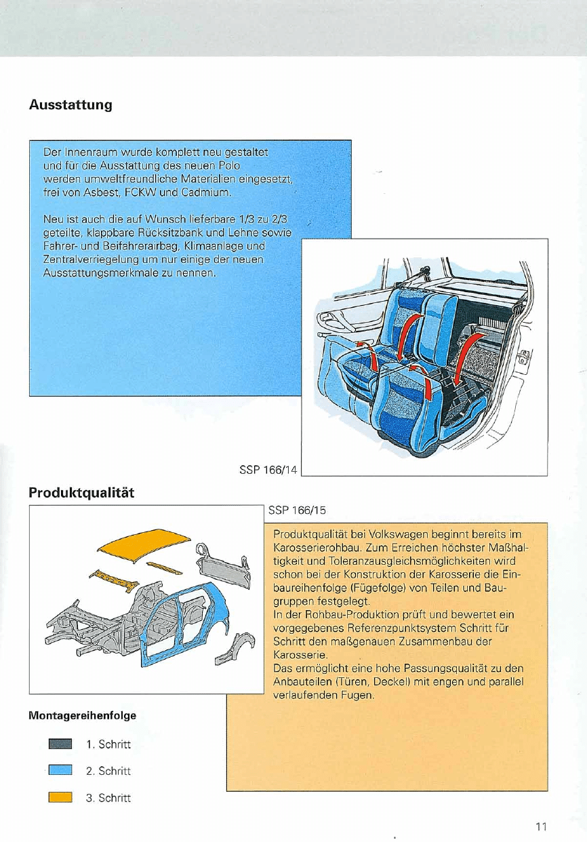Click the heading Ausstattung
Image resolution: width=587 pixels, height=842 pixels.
(x=70, y=106)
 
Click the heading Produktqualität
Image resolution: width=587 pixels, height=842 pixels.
(x=81, y=493)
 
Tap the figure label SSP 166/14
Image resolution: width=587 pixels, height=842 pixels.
(x=268, y=468)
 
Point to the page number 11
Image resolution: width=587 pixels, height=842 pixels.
(x=540, y=826)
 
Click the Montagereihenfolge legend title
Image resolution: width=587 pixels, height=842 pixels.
(x=82, y=716)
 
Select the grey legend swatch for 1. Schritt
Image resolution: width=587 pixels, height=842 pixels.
(x=60, y=745)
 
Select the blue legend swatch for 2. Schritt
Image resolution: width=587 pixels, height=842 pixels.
(x=60, y=771)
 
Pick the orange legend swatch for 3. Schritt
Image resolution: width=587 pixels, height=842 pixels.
(x=60, y=797)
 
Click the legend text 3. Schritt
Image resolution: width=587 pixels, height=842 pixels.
(x=108, y=797)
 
